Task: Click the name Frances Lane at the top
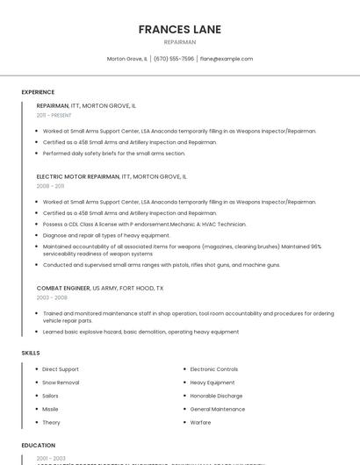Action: tap(179, 30)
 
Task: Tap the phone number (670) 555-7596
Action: tap(174, 59)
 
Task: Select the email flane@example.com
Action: tap(227, 59)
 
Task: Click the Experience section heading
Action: tap(38, 92)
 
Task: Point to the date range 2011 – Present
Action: tap(54, 115)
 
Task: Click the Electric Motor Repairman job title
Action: tap(77, 176)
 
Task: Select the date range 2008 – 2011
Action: tap(50, 186)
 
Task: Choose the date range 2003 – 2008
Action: tap(52, 297)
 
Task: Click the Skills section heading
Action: tap(31, 353)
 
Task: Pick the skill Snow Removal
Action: tap(61, 383)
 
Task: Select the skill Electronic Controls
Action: tap(213, 369)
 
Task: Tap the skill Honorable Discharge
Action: tap(216, 396)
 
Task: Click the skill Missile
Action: tap(50, 409)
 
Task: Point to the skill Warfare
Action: tap(200, 422)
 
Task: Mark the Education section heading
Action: tap(39, 446)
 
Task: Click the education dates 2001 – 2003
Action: tap(51, 458)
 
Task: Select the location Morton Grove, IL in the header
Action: tap(127, 59)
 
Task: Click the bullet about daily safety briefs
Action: tap(114, 154)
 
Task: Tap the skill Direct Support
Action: tap(61, 369)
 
